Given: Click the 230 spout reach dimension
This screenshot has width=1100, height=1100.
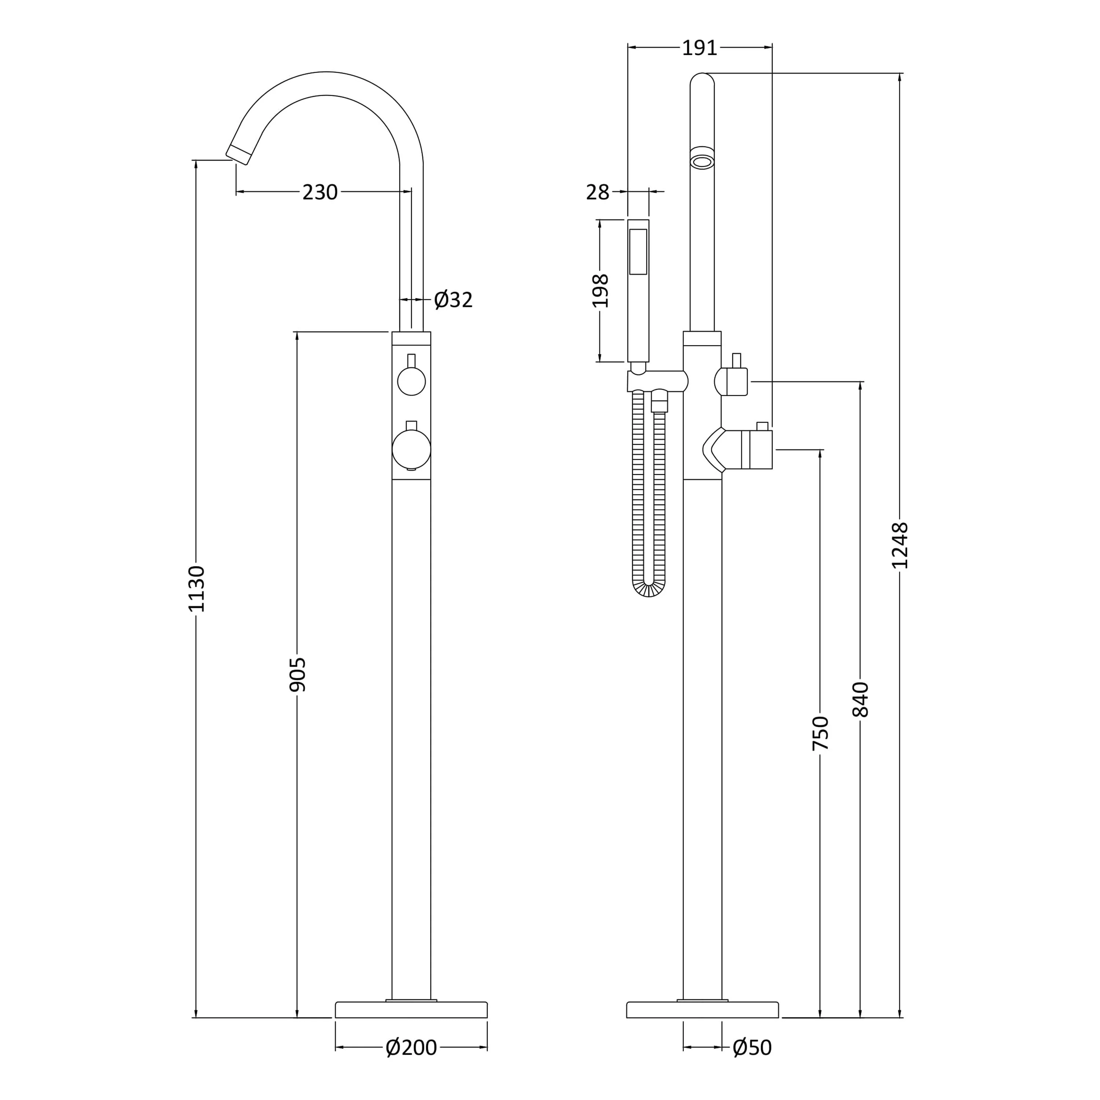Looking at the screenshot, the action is [x=320, y=192].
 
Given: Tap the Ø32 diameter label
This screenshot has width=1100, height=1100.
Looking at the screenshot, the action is [x=453, y=300].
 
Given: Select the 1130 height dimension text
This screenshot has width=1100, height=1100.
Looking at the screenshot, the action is [x=197, y=589].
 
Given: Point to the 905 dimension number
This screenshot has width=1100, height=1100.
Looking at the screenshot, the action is [x=298, y=675].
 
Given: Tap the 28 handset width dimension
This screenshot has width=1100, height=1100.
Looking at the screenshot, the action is [x=598, y=192].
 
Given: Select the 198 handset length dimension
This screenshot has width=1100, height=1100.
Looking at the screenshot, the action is [x=601, y=290].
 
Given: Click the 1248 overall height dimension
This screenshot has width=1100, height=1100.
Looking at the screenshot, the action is [x=900, y=546].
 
